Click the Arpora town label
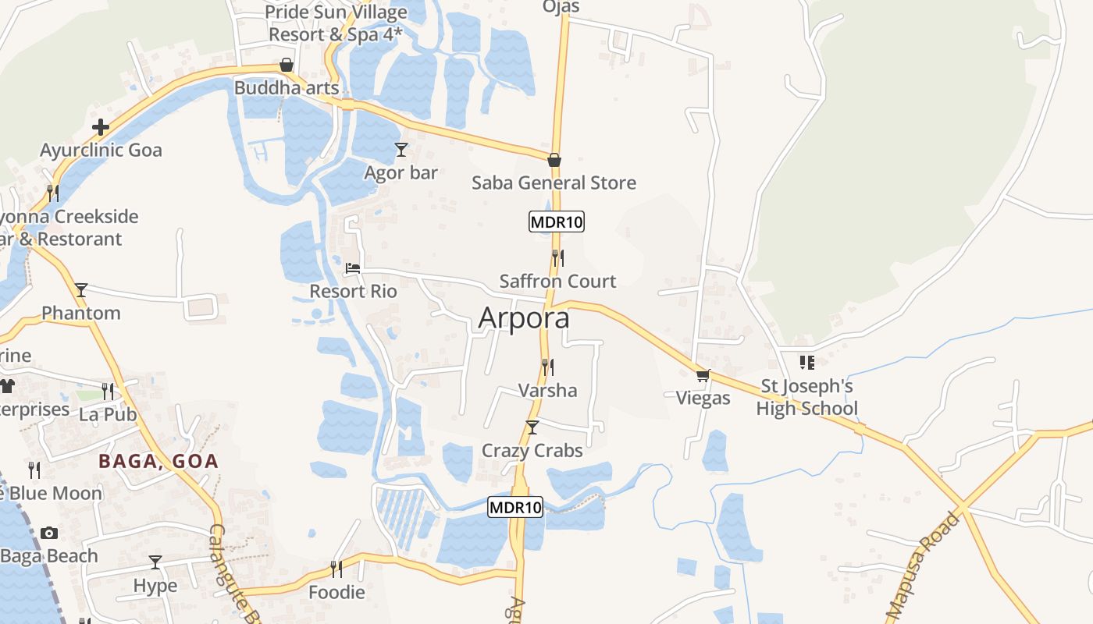coord(523,318)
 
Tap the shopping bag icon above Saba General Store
coord(554,160)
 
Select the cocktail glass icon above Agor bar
coord(401,149)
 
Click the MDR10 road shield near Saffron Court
coord(557,222)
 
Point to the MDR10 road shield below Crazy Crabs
coord(515,507)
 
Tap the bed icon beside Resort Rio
coord(353,268)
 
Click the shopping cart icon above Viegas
coord(703,375)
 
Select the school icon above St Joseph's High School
coord(807,362)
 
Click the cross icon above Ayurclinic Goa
coord(101,126)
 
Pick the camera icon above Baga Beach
coord(49,533)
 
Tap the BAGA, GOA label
coord(158,461)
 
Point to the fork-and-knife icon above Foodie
coord(336,569)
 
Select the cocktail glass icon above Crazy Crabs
coord(532,427)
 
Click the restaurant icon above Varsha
coord(548,367)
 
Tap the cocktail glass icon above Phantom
coord(81,290)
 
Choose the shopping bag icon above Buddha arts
coord(287,65)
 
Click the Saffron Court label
coord(557,281)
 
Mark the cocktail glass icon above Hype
coord(155,562)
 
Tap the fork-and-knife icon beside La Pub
coord(107,391)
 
